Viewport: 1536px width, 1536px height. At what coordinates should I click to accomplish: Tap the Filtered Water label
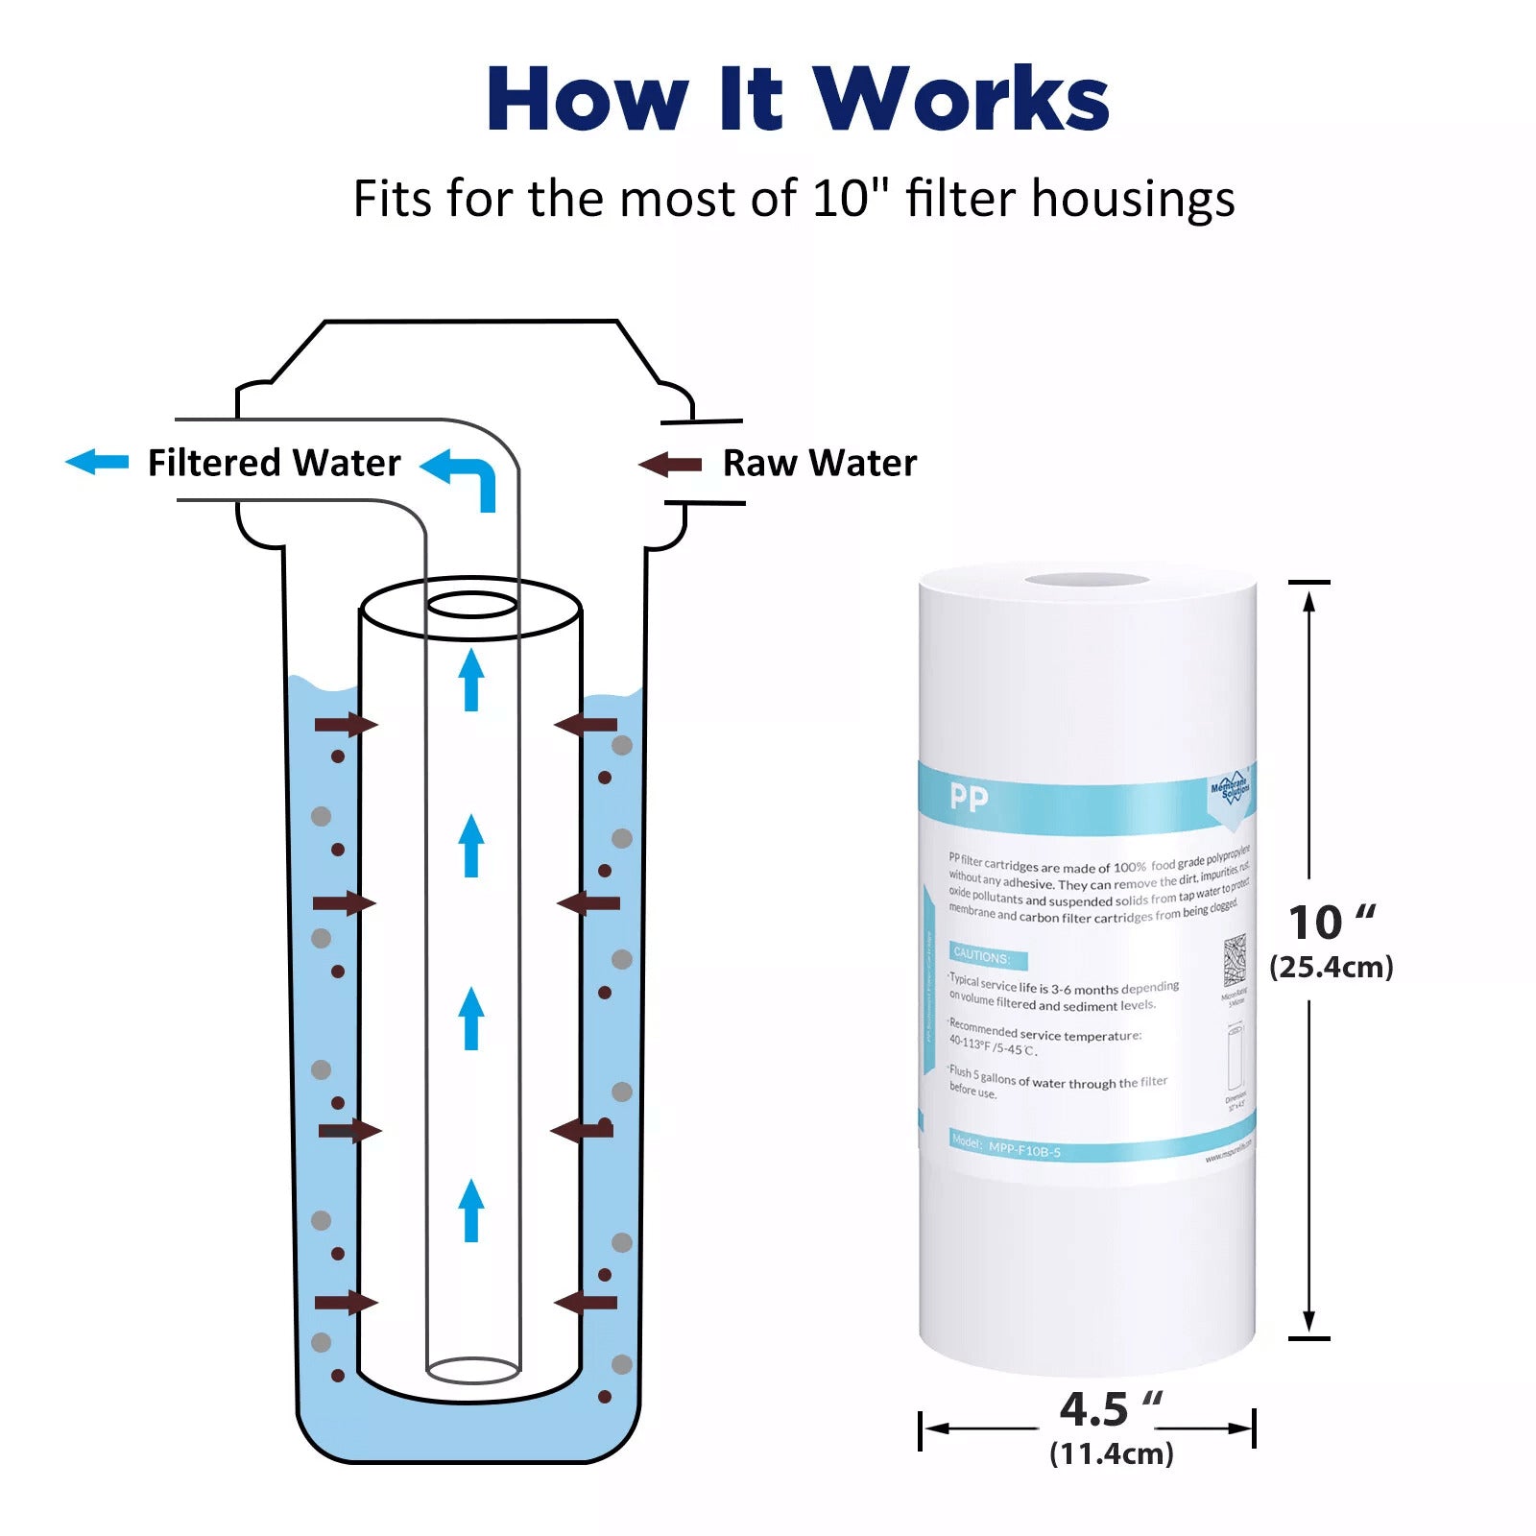[274, 463]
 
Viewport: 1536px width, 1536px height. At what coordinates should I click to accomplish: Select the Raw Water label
[819, 463]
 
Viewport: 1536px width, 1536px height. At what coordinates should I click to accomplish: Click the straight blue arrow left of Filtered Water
[97, 462]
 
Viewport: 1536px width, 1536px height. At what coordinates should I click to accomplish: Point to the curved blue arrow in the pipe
[463, 475]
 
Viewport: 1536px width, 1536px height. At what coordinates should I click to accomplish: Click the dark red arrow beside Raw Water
[670, 466]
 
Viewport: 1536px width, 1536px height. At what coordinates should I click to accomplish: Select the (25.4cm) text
[1331, 967]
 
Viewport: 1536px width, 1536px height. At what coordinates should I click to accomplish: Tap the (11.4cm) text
[1111, 1453]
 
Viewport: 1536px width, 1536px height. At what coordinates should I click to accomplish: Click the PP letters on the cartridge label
[968, 798]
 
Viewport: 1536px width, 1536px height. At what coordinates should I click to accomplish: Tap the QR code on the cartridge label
[1235, 960]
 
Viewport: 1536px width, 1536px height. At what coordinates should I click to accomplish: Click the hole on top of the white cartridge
[1087, 580]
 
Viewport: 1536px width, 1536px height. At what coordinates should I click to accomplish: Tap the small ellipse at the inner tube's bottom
[472, 1370]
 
